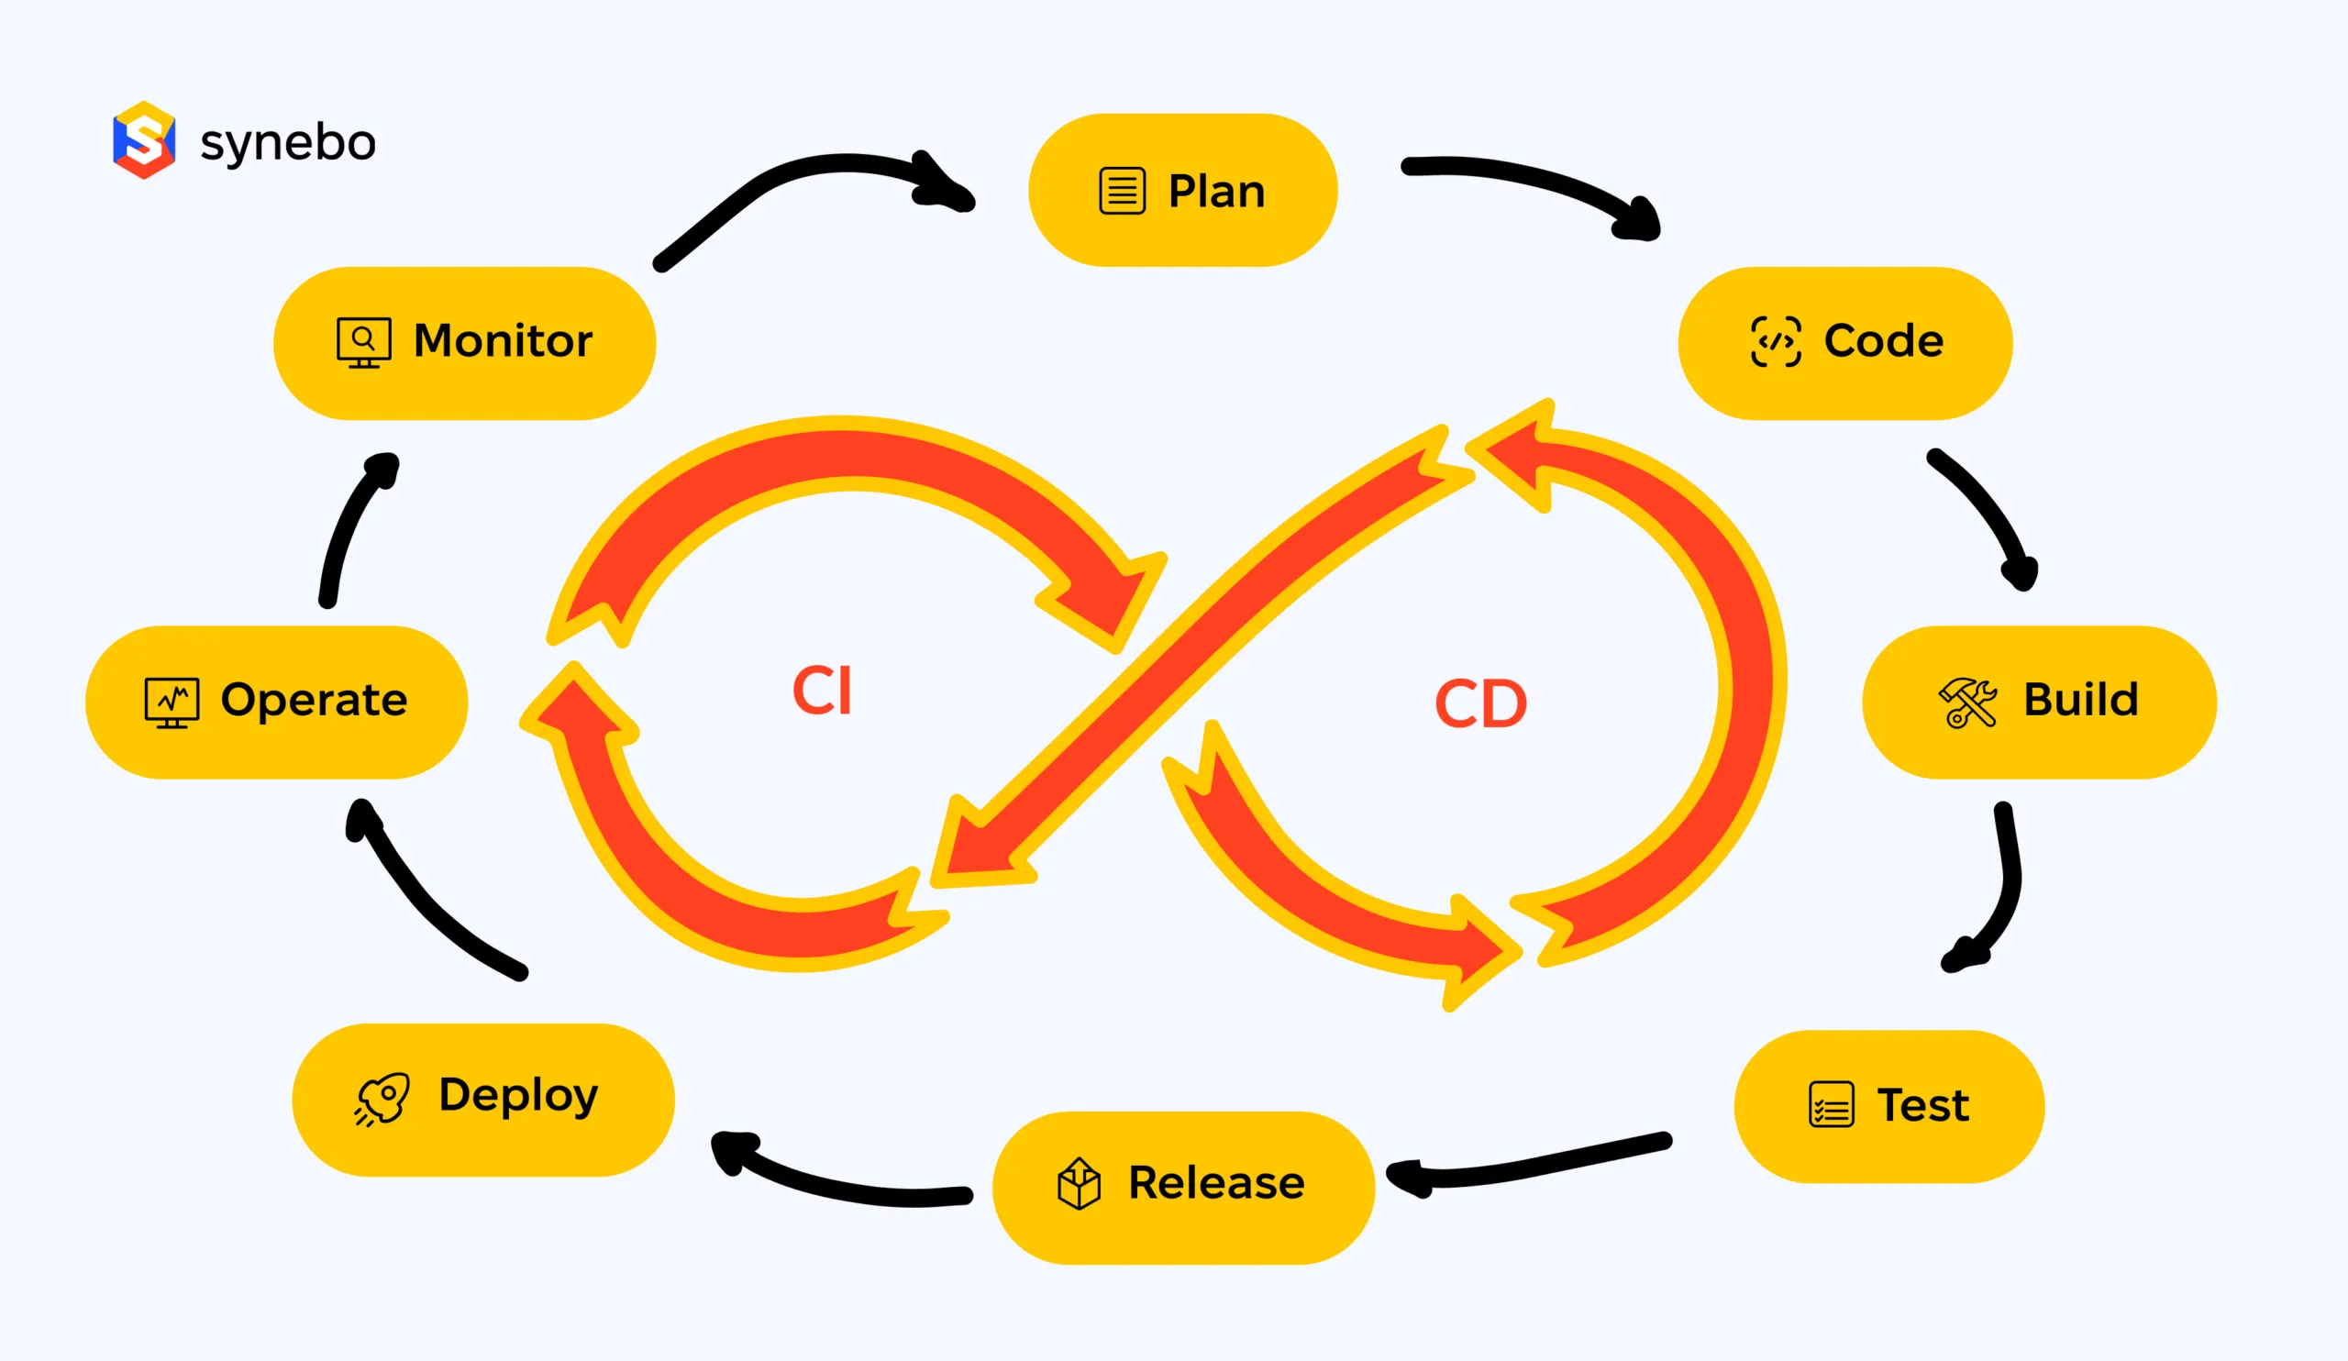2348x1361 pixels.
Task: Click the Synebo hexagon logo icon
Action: (x=143, y=139)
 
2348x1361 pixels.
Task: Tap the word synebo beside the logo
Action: (x=288, y=142)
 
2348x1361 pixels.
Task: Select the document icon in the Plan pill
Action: (x=1122, y=191)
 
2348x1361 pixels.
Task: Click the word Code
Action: (x=1883, y=341)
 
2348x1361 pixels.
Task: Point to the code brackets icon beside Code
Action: (x=1775, y=342)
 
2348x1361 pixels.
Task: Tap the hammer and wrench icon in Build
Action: (x=1967, y=703)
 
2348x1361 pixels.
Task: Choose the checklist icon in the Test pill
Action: (x=1831, y=1105)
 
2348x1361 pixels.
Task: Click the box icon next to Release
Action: (x=1079, y=1184)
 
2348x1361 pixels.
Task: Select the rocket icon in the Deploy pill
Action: (x=382, y=1099)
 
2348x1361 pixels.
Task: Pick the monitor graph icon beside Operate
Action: (x=172, y=703)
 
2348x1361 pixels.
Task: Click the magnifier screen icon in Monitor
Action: (x=363, y=342)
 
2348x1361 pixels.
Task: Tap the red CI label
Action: (x=822, y=692)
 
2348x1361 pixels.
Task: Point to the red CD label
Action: (x=1480, y=704)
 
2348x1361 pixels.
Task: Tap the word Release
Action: (x=1216, y=1183)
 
